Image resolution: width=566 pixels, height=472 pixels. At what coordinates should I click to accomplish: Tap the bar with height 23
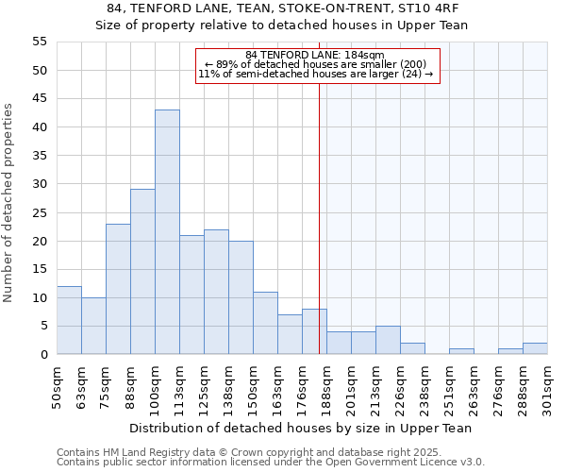118,289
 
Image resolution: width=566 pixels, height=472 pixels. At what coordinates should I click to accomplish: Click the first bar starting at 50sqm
69,320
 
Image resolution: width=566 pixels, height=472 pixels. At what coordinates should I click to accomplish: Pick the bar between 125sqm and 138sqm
216,292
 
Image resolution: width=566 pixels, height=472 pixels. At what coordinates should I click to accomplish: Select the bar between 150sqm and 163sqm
265,323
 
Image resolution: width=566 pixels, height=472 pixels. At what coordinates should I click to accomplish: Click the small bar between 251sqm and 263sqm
461,351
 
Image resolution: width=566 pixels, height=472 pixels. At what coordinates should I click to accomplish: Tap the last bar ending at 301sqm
535,348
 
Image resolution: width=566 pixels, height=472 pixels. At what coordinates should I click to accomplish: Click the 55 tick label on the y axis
40,42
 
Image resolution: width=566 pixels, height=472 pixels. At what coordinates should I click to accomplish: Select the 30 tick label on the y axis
40,184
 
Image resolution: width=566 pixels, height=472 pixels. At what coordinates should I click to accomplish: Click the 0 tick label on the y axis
43,355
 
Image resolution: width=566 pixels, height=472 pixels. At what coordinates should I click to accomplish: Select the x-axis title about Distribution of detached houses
301,428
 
